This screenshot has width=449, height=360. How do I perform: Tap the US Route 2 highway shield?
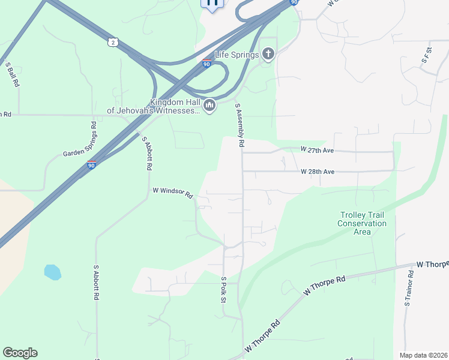tap(113, 42)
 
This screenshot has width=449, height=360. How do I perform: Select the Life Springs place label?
tap(237, 55)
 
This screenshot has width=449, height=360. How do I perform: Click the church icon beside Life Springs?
tap(268, 55)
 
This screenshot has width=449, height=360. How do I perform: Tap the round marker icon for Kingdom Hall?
tap(209, 106)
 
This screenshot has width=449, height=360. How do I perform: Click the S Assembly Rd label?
tap(240, 125)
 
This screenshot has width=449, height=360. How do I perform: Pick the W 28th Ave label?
tap(318, 172)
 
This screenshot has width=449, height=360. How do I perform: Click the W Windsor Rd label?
tap(172, 192)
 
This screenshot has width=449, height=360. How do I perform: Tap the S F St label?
tap(427, 57)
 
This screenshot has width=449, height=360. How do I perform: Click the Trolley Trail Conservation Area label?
tap(361, 223)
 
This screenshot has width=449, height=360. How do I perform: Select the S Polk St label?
tap(223, 289)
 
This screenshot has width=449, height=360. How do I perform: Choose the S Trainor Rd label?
tap(408, 289)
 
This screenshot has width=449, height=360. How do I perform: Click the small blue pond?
tap(52, 272)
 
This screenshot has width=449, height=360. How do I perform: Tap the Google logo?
tap(20, 353)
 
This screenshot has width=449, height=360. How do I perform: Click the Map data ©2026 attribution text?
tap(423, 355)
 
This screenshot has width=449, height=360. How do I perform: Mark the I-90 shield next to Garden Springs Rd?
tap(91, 166)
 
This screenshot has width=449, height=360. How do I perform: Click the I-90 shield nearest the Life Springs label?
tap(206, 64)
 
